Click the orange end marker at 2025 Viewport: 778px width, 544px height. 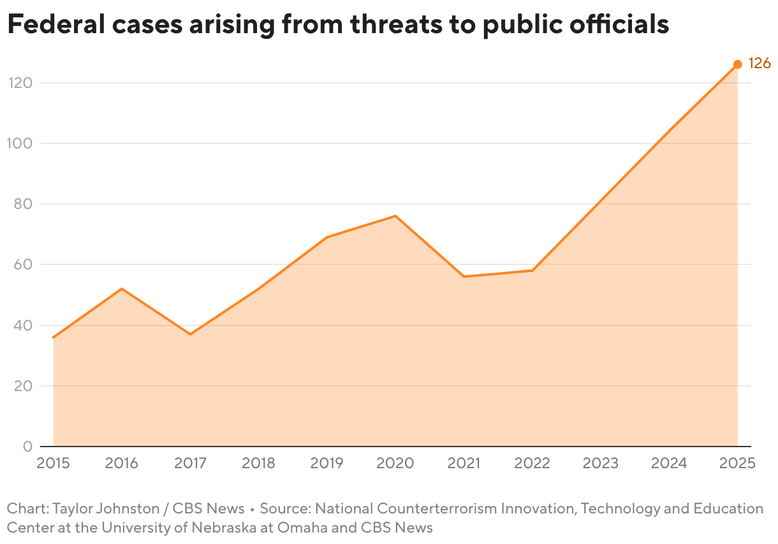point(737,64)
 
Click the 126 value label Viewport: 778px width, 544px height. point(759,64)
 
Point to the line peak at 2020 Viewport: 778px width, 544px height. point(395,216)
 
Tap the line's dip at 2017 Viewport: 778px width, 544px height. point(190,334)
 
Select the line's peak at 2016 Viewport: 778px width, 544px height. point(121,289)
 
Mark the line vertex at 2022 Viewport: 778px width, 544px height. point(532,270)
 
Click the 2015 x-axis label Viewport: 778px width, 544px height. point(53,463)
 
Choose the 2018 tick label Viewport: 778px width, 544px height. point(258,463)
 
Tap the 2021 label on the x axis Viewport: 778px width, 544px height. point(464,463)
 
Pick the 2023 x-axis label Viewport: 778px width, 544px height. point(601,463)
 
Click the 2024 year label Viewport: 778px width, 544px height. point(669,463)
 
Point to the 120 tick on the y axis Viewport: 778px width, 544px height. point(20,83)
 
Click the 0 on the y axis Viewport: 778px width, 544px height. point(27,447)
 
